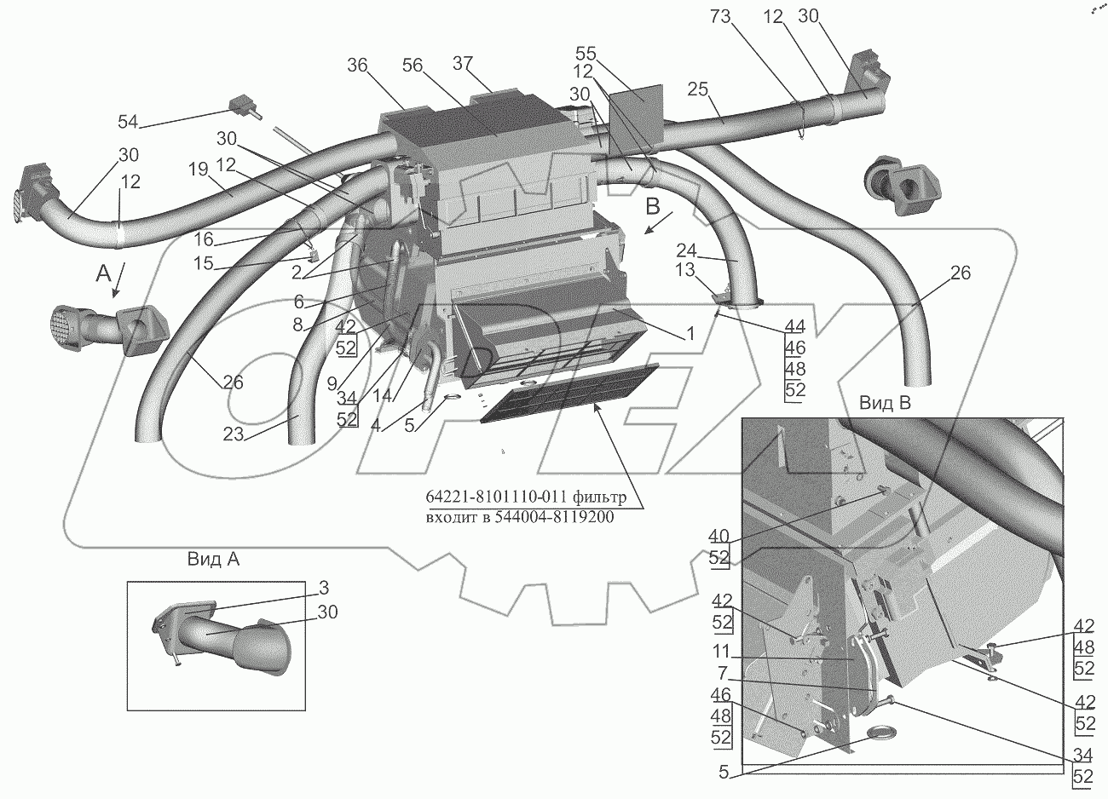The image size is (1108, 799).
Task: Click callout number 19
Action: click(x=197, y=169)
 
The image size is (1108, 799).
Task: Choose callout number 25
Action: click(x=699, y=90)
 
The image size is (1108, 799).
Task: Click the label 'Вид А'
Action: click(x=211, y=560)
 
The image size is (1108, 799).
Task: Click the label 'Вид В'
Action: click(x=884, y=404)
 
